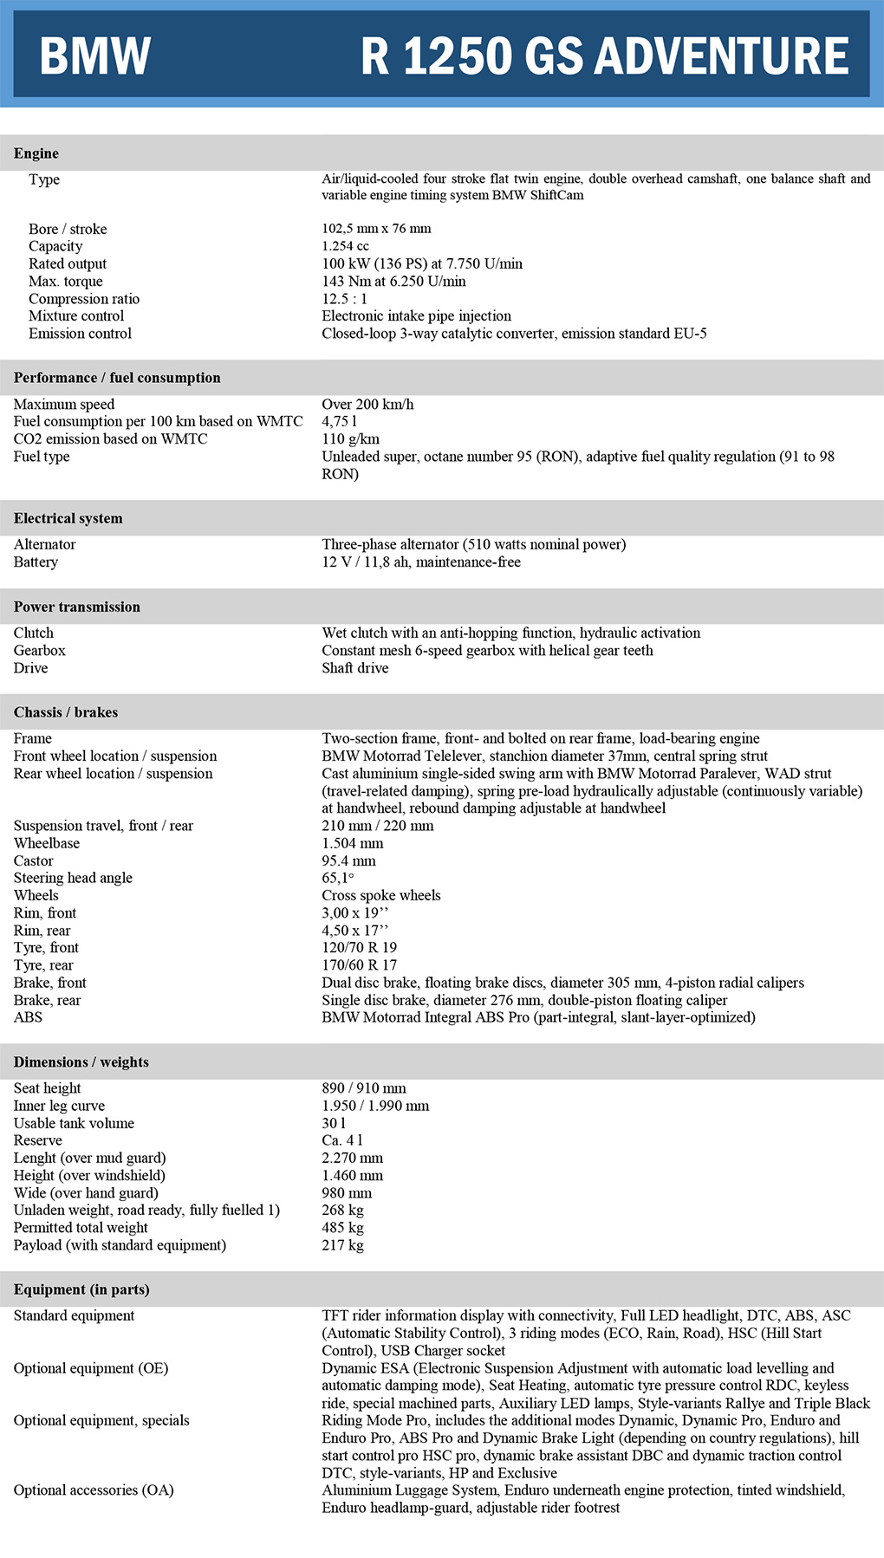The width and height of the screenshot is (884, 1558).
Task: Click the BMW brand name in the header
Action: (x=95, y=55)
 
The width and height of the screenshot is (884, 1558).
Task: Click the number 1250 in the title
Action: (x=458, y=55)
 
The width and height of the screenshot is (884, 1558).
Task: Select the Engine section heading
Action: (x=36, y=153)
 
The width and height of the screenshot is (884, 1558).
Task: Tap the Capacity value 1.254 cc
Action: (x=345, y=246)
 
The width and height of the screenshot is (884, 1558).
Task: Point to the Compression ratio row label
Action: (x=83, y=299)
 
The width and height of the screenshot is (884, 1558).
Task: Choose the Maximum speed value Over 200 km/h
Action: (x=367, y=405)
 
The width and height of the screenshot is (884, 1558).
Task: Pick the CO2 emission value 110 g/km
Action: (x=350, y=439)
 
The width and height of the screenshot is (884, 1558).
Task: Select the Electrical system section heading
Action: (x=68, y=518)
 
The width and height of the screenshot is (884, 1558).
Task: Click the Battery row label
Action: (x=36, y=562)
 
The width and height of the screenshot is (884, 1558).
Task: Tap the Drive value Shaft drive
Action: (x=354, y=668)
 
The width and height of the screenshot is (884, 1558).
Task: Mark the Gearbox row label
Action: (x=39, y=651)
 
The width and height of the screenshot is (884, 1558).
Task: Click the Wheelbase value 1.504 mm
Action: (x=352, y=843)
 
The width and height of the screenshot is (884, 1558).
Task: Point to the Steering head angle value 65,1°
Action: (x=337, y=878)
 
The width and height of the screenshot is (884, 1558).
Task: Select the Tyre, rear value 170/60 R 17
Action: (x=359, y=965)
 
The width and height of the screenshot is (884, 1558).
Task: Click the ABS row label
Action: (x=28, y=1017)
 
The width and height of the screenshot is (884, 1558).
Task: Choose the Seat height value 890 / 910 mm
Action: (x=363, y=1088)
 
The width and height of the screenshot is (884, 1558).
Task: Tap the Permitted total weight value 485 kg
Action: (x=342, y=1228)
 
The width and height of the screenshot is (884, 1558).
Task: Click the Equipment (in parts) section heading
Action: (x=81, y=1289)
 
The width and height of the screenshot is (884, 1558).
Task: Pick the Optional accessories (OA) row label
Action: (x=94, y=1490)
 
